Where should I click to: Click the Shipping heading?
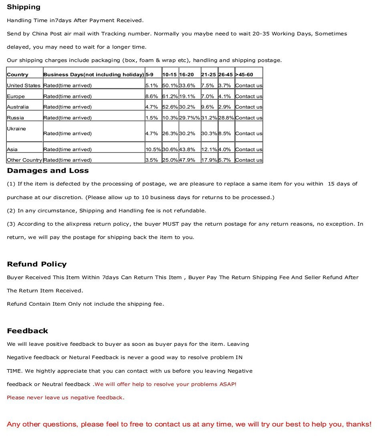(x=24, y=7)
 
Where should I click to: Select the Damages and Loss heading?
(x=48, y=171)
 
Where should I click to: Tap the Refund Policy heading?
(x=36, y=264)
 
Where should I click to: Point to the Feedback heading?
(x=27, y=331)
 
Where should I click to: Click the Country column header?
(x=18, y=75)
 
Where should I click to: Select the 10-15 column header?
(x=169, y=75)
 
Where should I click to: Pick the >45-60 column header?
(x=244, y=75)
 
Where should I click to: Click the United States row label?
(x=24, y=85)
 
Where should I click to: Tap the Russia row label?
(x=15, y=118)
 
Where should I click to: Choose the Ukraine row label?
(x=16, y=129)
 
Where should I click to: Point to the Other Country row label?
(x=24, y=160)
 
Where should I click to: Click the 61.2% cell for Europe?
(x=170, y=96)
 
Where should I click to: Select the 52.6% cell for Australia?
(x=170, y=107)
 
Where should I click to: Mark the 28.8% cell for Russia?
(x=226, y=118)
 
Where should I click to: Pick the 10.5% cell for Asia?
(x=153, y=149)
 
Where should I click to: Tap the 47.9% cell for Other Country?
(x=187, y=160)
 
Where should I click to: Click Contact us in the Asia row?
(x=249, y=149)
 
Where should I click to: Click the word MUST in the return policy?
(x=171, y=224)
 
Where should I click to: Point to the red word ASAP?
(x=228, y=384)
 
